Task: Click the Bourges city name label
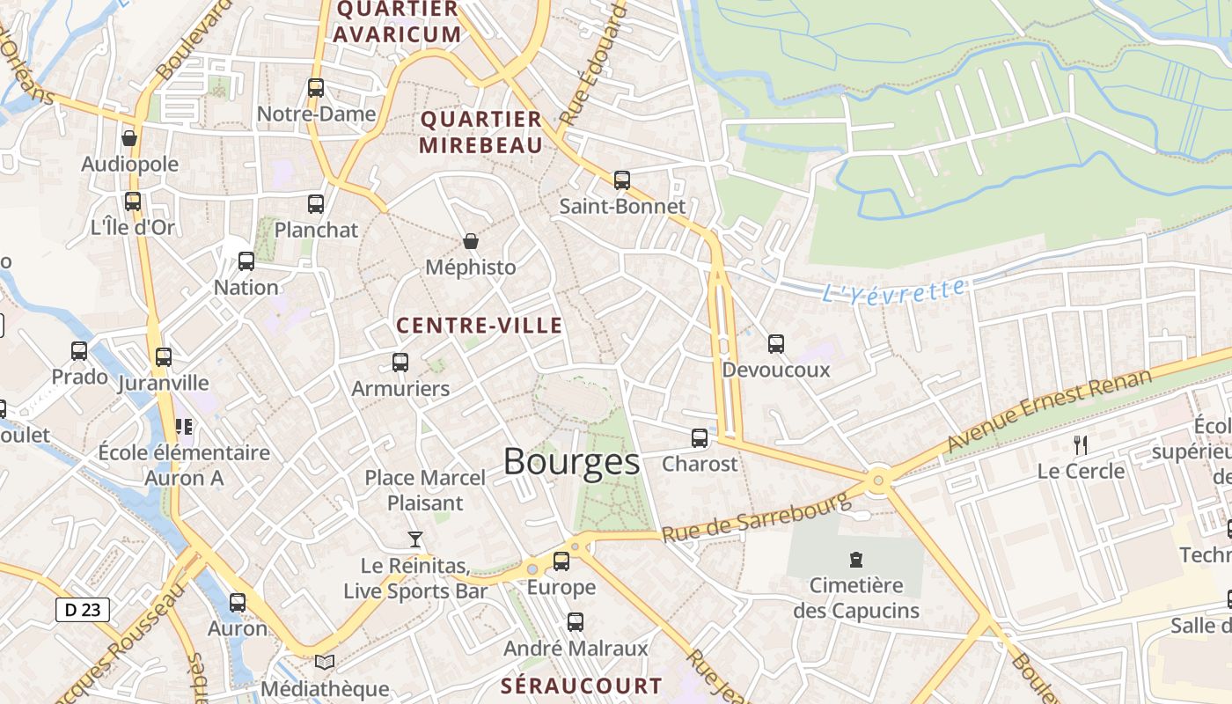point(571,462)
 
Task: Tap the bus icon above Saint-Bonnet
point(622,180)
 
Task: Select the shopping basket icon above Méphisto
point(471,241)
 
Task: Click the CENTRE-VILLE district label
point(479,326)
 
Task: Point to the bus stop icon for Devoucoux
point(775,343)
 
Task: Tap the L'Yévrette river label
point(893,290)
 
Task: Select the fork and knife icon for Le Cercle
point(1081,444)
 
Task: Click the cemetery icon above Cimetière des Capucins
point(855,559)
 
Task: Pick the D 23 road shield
point(83,610)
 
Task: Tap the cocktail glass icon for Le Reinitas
point(414,539)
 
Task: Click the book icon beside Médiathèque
point(325,662)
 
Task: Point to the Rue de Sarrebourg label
point(757,517)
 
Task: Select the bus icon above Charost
point(700,437)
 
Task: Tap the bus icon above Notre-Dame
point(316,88)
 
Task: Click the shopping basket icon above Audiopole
point(129,138)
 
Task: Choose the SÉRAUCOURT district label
point(581,686)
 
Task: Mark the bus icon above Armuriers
point(400,362)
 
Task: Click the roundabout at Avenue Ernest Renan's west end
point(877,480)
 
